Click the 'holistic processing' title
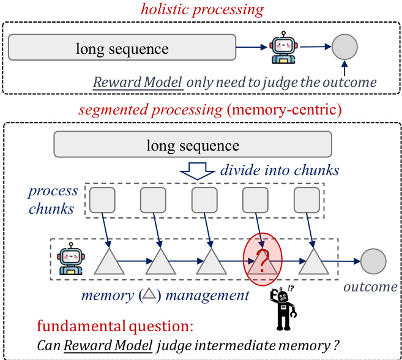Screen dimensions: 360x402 point(202,10)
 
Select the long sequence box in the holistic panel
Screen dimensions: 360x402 point(122,48)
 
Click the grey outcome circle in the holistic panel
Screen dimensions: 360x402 point(344,47)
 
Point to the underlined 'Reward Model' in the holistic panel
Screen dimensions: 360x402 point(138,82)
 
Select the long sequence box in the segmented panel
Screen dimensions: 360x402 point(193,145)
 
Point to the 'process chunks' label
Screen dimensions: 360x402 point(53,200)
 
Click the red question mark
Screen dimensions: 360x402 point(264,261)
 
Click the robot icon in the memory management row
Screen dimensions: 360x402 point(70,258)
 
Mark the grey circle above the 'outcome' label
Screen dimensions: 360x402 point(373,261)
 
